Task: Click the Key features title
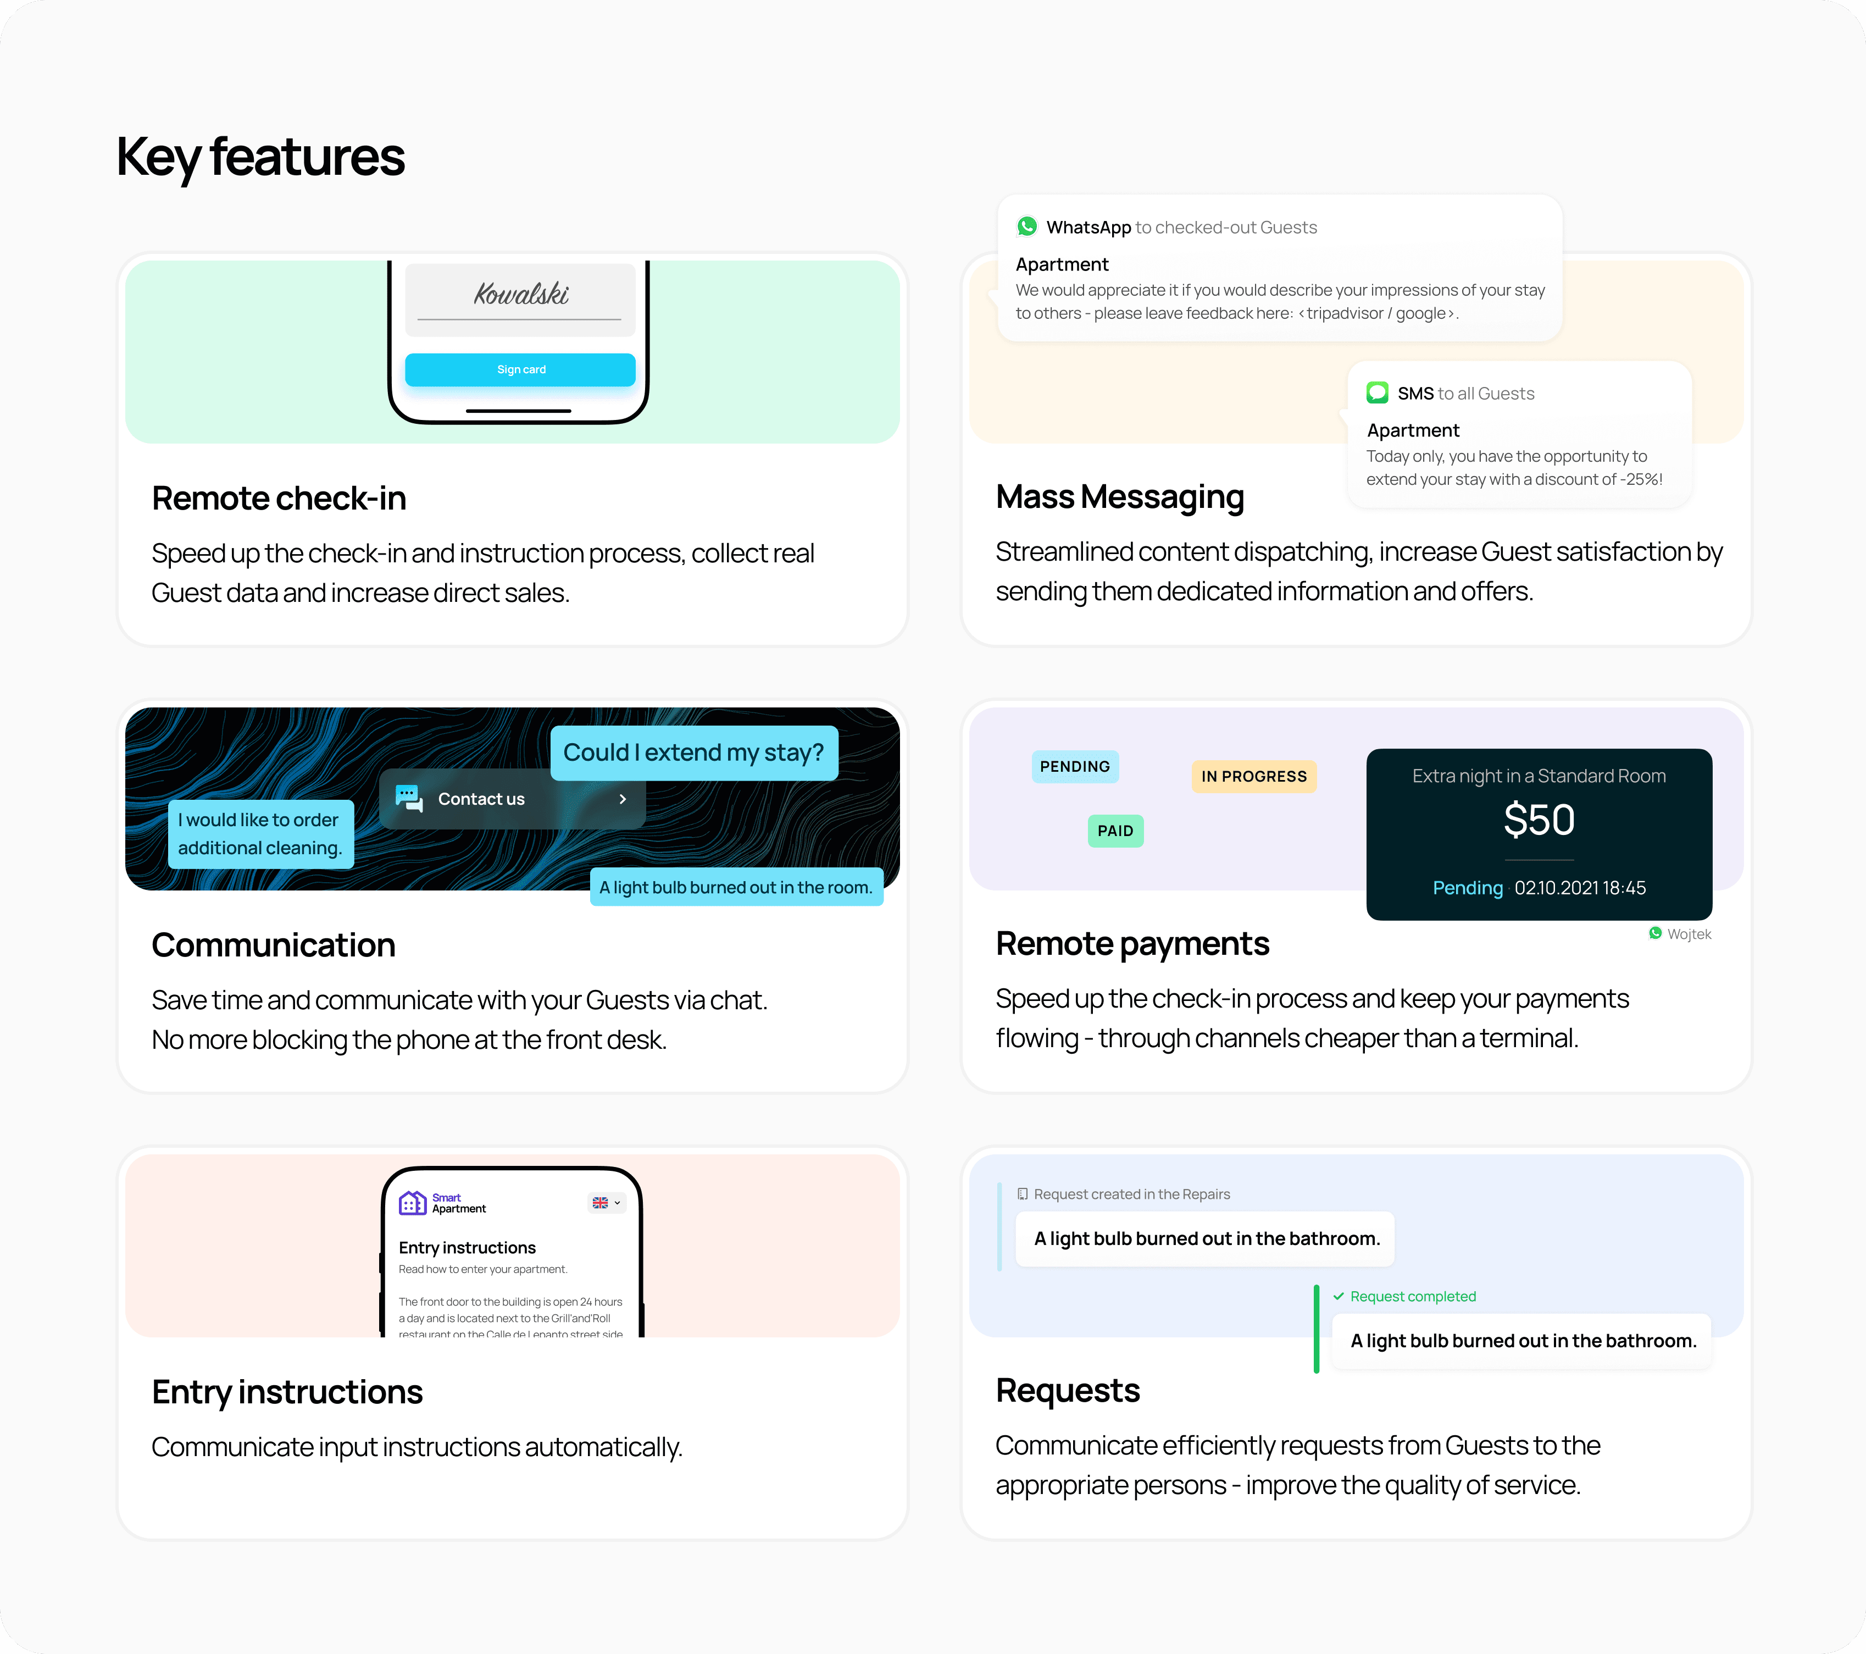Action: tap(260, 157)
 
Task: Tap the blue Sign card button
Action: tap(520, 369)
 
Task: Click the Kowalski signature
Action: tap(520, 294)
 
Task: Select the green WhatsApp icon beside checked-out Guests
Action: tap(1027, 226)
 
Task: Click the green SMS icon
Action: tap(1376, 392)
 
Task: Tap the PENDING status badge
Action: tap(1075, 766)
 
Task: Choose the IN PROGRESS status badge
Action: tap(1253, 776)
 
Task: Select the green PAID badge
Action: tap(1115, 830)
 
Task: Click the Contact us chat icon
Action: tap(409, 798)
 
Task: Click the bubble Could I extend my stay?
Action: tap(694, 753)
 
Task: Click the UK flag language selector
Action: tap(606, 1203)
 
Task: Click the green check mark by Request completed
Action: tap(1339, 1296)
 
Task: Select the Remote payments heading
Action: tap(1132, 943)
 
